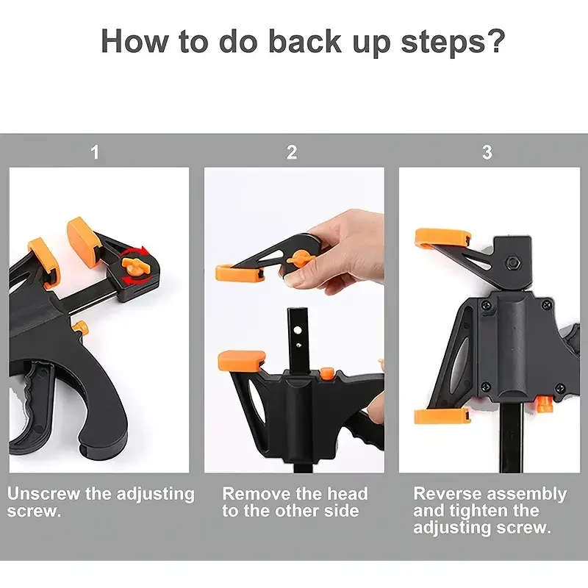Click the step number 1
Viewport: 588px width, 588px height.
95,152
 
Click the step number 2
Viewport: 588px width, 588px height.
292,152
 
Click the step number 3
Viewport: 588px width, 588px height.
487,152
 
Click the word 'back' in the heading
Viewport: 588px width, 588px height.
305,40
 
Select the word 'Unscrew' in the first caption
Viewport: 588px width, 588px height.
43,493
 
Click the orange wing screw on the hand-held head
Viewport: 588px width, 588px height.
298,259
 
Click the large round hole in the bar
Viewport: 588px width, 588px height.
298,331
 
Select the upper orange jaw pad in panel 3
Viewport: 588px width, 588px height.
443,238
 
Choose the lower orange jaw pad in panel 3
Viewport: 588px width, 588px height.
442,416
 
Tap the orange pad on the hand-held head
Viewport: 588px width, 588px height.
240,273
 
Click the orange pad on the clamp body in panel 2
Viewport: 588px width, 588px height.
241,360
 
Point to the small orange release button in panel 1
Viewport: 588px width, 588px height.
80,326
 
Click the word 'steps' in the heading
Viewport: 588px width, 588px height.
442,42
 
